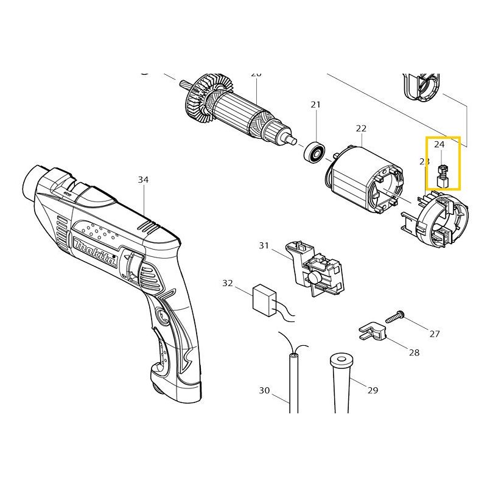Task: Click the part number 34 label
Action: (x=142, y=180)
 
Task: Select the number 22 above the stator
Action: (x=361, y=128)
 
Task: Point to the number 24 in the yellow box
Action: (x=439, y=145)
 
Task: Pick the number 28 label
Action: (x=414, y=352)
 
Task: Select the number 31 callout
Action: (x=264, y=245)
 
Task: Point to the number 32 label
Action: (x=228, y=283)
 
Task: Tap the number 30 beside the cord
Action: (x=264, y=390)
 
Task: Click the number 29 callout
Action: (x=373, y=390)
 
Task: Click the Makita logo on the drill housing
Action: (x=95, y=253)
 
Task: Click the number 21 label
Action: (x=315, y=105)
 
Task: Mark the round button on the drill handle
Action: (x=163, y=317)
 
